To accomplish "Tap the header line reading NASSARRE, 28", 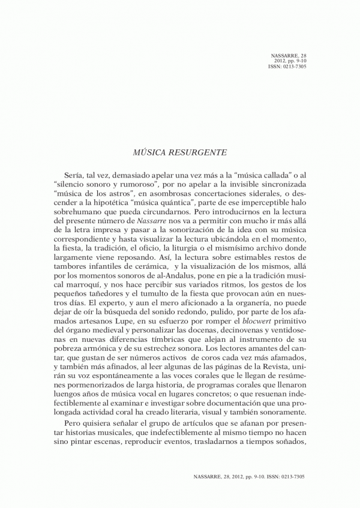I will point(289,55).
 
